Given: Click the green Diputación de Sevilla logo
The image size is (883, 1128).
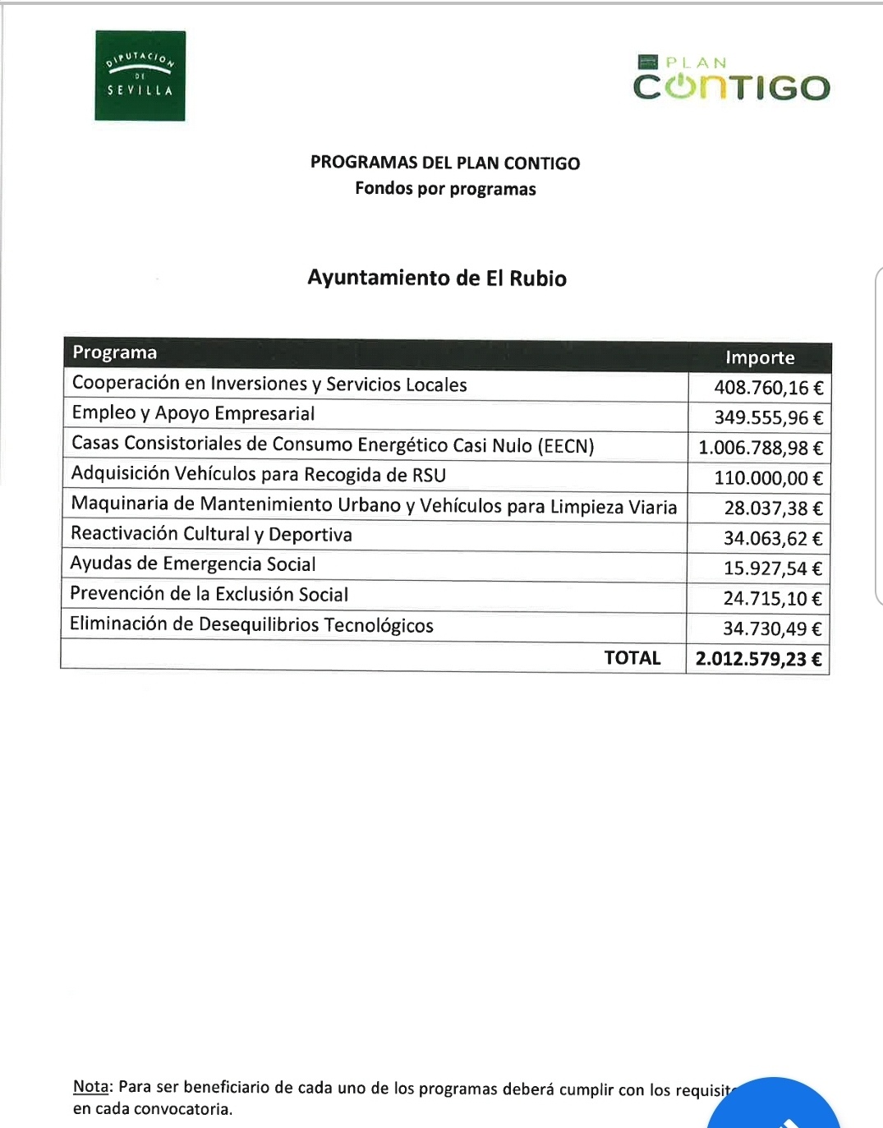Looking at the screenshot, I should click(x=140, y=76).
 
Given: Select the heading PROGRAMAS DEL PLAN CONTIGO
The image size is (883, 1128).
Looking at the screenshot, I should click(x=444, y=163).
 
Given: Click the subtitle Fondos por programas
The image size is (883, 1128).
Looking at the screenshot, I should click(x=445, y=189).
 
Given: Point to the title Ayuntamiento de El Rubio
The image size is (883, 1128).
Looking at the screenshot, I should click(x=436, y=278).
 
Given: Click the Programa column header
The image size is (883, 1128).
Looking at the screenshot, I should click(x=114, y=352).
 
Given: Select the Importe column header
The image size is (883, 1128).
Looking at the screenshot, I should click(x=760, y=357).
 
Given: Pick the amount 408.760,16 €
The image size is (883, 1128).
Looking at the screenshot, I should click(x=768, y=388).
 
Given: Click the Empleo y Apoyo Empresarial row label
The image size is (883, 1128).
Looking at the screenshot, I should click(x=193, y=413).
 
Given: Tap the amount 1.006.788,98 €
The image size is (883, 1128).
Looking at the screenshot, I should click(x=760, y=448).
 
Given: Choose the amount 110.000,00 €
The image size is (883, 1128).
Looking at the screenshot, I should click(x=768, y=478).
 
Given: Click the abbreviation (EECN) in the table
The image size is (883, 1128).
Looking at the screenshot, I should click(x=566, y=446).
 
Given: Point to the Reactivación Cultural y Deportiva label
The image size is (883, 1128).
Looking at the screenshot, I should click(x=211, y=534).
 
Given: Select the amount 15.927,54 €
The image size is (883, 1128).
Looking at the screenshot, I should click(x=772, y=569).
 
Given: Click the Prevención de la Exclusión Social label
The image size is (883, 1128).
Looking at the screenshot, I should click(x=209, y=594).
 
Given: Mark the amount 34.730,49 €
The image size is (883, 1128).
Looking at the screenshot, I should click(x=772, y=628).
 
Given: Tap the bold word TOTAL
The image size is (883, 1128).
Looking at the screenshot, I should click(x=632, y=658).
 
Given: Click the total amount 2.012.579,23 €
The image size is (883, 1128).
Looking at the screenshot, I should click(x=758, y=659).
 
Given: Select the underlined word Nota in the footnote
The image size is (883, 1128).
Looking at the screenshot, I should click(x=90, y=1087).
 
